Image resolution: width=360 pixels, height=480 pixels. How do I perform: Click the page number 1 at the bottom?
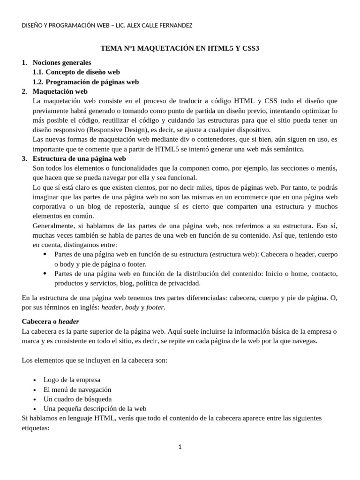tap(180, 447)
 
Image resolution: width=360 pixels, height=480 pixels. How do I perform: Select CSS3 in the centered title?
tap(250, 48)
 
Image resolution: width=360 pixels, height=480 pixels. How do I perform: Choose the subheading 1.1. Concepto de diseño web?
tap(76, 72)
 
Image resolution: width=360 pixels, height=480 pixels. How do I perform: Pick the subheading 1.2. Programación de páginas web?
tap(85, 82)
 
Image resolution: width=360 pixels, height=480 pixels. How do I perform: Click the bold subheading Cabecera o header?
tap(51, 322)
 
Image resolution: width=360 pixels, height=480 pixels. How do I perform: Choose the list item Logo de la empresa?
tap(72, 379)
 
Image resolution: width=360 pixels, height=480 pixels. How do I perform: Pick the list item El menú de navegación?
tap(77, 389)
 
